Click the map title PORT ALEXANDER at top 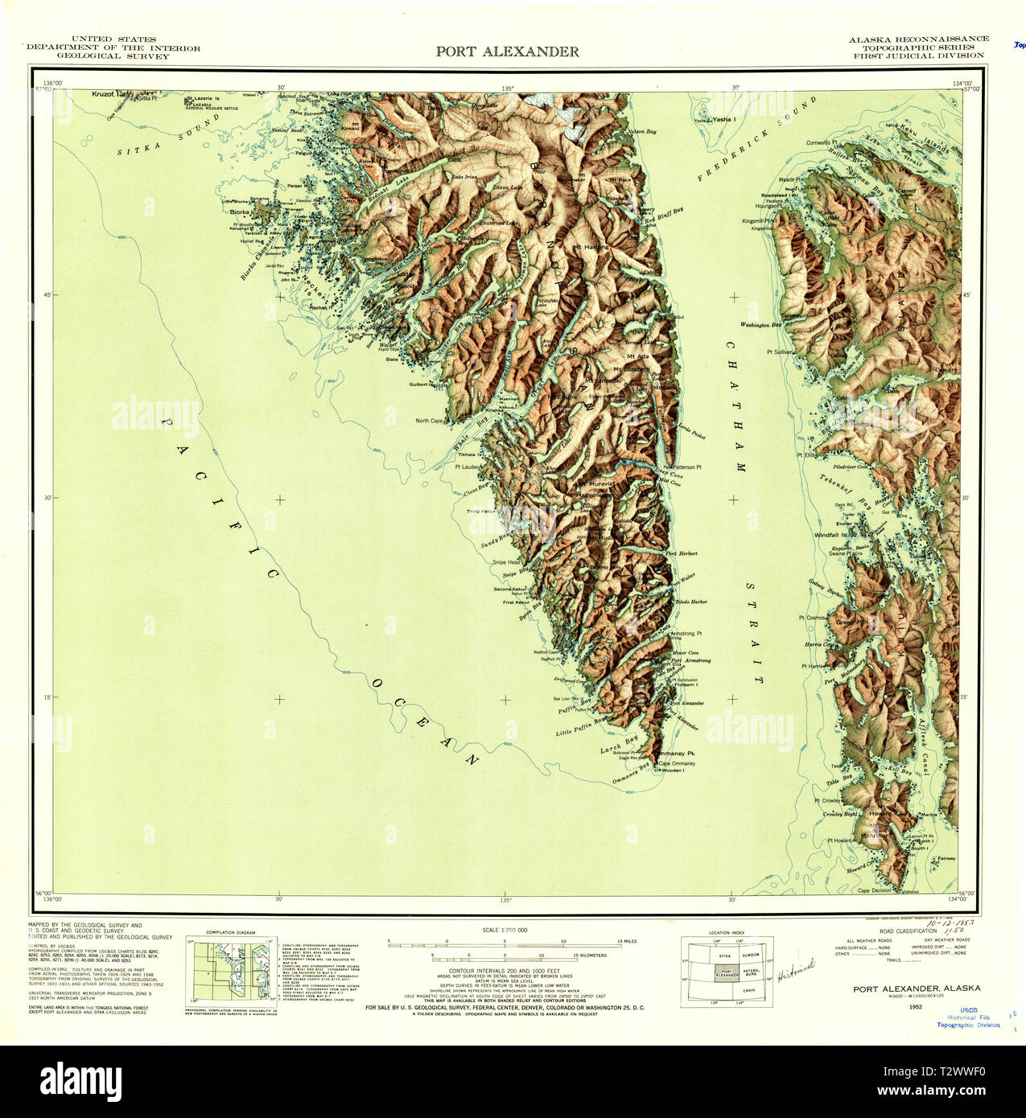pos(507,51)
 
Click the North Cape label pos(430,421)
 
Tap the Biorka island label pos(240,213)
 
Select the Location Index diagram pos(727,972)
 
